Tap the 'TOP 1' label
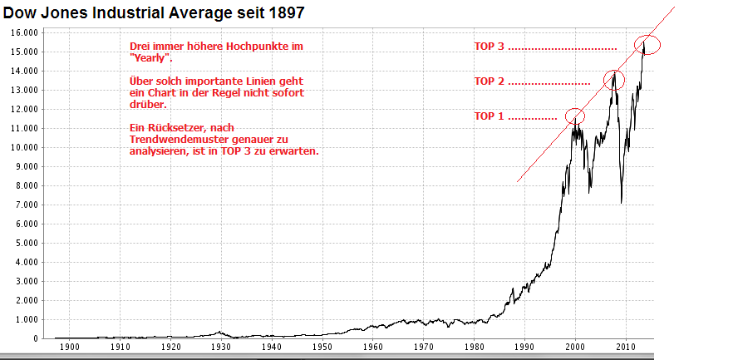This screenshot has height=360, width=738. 489,116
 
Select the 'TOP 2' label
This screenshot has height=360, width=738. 489,81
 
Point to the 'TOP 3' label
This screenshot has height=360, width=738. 490,47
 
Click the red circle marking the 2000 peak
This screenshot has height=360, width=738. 574,116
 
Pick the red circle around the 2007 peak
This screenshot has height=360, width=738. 613,80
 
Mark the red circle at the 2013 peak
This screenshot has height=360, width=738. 647,45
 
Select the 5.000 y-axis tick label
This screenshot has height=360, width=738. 26,243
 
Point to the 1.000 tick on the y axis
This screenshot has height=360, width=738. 26,319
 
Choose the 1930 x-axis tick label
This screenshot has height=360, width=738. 220,347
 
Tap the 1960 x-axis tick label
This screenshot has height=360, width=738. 372,347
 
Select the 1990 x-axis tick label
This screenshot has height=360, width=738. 524,347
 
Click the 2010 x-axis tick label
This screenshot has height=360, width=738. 626,347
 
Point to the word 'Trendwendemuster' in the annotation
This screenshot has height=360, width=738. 171,140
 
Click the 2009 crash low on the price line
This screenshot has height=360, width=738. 621,202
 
